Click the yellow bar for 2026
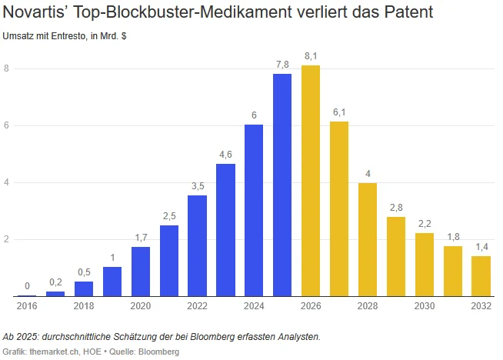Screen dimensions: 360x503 (311, 181)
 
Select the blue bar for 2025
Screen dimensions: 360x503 (282, 185)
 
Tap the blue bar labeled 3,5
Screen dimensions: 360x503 (197, 245)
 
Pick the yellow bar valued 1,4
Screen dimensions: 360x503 (481, 276)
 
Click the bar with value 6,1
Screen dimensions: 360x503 (339, 208)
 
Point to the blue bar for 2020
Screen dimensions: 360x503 (141, 271)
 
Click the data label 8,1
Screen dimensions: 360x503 (311, 56)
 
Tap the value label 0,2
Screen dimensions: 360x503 (55, 282)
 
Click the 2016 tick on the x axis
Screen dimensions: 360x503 (27, 306)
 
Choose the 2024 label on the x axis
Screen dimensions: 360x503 (254, 306)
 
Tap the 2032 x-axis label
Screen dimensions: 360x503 (481, 306)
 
